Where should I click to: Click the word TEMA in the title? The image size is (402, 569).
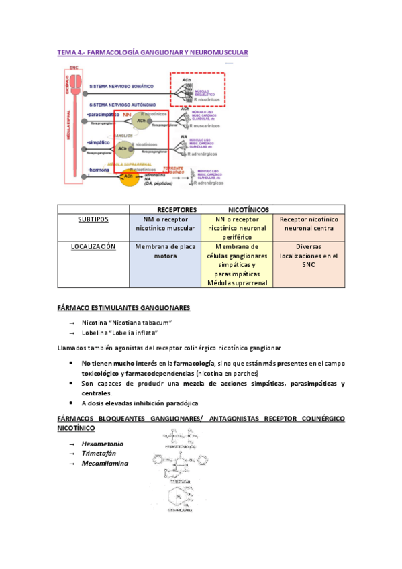(66, 52)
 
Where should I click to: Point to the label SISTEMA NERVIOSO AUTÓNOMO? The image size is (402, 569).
(123, 105)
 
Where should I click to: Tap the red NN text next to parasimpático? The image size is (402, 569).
(127, 115)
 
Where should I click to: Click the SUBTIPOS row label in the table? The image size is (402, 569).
(93, 219)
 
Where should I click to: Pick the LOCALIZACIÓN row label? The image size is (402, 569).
(93, 246)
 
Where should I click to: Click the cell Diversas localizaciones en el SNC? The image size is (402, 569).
(308, 255)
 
